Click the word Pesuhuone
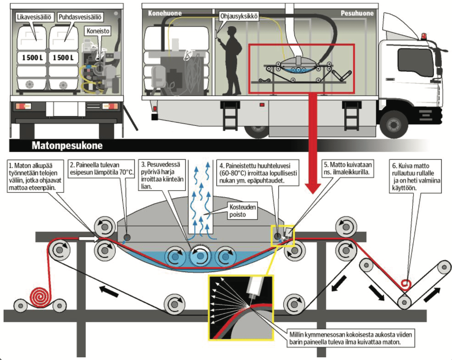point(357,13)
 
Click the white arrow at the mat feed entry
point(87,238)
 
